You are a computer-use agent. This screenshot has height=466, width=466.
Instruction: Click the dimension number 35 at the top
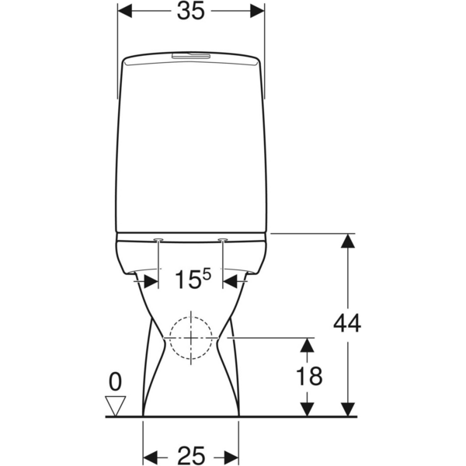(x=191, y=12)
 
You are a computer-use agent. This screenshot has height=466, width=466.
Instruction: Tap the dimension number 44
(x=347, y=323)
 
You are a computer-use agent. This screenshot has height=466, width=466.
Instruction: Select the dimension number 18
(x=309, y=376)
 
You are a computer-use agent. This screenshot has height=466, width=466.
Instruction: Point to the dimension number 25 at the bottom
(x=191, y=455)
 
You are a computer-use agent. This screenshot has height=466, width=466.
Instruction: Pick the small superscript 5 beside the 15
(x=207, y=274)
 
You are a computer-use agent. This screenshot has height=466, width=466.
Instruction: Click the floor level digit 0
(x=115, y=381)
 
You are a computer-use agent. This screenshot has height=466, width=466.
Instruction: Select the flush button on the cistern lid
(x=191, y=56)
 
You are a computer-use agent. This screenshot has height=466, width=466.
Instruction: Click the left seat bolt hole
(x=158, y=239)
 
